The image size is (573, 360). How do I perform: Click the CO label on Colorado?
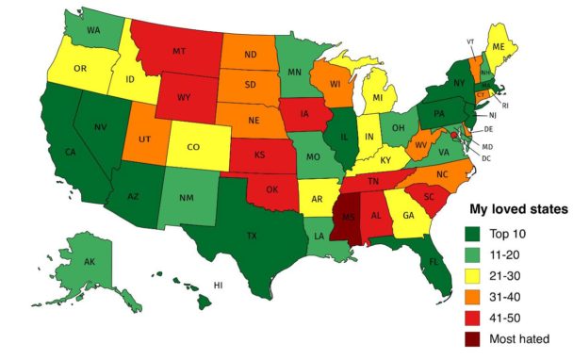192,148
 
